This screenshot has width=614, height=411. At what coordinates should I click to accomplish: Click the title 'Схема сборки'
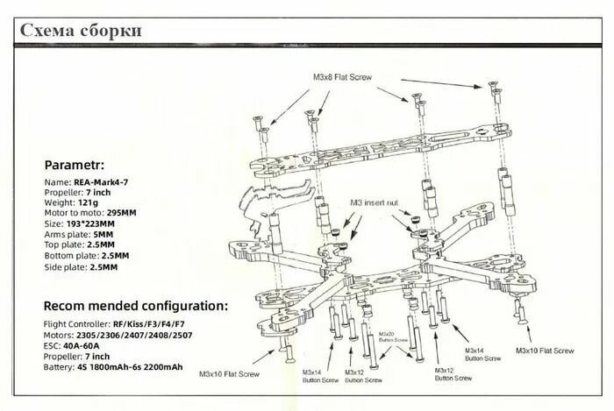click(x=80, y=32)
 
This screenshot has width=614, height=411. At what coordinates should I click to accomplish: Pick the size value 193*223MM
click(x=96, y=223)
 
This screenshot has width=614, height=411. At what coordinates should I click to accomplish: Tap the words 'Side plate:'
click(x=65, y=266)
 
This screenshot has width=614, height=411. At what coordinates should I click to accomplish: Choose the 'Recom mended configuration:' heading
click(x=136, y=306)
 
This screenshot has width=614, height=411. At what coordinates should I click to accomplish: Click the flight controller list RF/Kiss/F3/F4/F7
click(x=147, y=324)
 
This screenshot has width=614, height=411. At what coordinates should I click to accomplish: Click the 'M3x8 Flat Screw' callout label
click(x=342, y=77)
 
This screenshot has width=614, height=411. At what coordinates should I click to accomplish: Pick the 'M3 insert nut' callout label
click(x=375, y=203)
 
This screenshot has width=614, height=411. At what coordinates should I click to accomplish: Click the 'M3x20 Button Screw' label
click(x=387, y=337)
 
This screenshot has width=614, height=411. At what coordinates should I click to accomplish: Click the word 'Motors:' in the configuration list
click(x=60, y=335)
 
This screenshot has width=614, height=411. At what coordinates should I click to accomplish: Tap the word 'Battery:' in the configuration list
click(x=61, y=366)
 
